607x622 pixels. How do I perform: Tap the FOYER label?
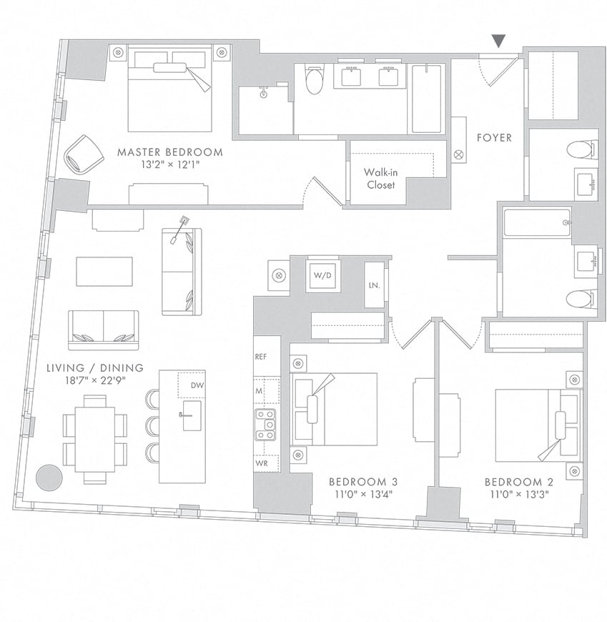pyautogui.click(x=494, y=137)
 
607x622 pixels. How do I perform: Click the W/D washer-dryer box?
pyautogui.click(x=318, y=275)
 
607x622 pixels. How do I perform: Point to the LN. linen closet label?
pyautogui.click(x=374, y=285)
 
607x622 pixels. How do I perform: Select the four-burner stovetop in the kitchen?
pyautogui.click(x=266, y=425)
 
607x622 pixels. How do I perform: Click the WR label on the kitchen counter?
pyautogui.click(x=263, y=463)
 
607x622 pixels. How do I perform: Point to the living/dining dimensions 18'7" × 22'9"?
pyautogui.click(x=95, y=380)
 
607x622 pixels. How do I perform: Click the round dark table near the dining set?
pyautogui.click(x=49, y=478)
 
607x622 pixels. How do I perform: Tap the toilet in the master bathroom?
pyautogui.click(x=314, y=81)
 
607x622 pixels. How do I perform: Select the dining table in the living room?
pyautogui.click(x=94, y=438)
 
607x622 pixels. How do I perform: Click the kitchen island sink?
pyautogui.click(x=190, y=415)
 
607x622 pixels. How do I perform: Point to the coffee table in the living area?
pyautogui.click(x=104, y=272)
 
